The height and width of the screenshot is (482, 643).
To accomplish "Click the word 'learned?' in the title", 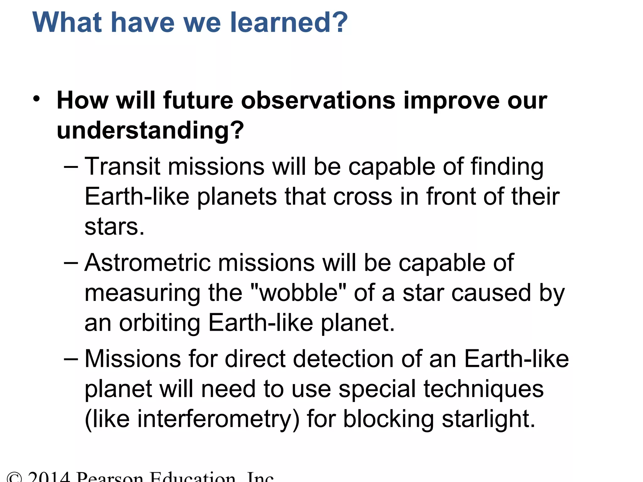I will tap(289, 23).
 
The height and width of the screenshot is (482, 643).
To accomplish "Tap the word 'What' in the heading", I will tap(67, 23).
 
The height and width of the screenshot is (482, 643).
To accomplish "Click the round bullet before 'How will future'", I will tap(37, 99).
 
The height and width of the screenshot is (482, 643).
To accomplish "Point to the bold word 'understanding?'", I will tap(150, 131).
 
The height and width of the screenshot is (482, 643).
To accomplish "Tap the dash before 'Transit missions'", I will tap(71, 167).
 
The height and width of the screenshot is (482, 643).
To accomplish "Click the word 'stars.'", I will tap(115, 227).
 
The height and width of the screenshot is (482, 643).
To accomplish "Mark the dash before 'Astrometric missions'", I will tap(71, 263).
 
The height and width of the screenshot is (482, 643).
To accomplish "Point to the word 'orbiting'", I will tap(159, 323).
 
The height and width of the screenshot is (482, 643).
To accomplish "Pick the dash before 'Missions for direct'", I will tap(71, 359).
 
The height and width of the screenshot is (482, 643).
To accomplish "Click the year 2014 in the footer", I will tap(49, 477).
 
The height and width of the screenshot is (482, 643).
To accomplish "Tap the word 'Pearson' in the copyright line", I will tap(110, 477).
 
